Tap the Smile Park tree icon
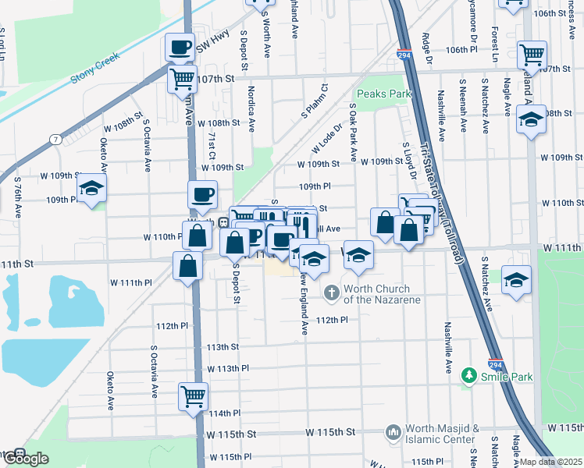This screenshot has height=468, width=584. click(x=468, y=377)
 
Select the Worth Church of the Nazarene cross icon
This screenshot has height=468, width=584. click(x=331, y=293)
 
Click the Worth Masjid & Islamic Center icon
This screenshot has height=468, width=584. click(x=393, y=431)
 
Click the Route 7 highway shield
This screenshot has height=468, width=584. click(x=55, y=139)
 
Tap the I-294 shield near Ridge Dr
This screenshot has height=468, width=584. click(x=403, y=56)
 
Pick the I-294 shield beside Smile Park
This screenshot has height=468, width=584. click(x=497, y=363)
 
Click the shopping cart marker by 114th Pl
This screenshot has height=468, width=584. click(x=192, y=395)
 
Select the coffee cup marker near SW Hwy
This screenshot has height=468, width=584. click(x=180, y=48)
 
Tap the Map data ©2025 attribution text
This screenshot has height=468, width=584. click(x=550, y=462)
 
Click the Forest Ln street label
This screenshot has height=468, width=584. click(x=495, y=48)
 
